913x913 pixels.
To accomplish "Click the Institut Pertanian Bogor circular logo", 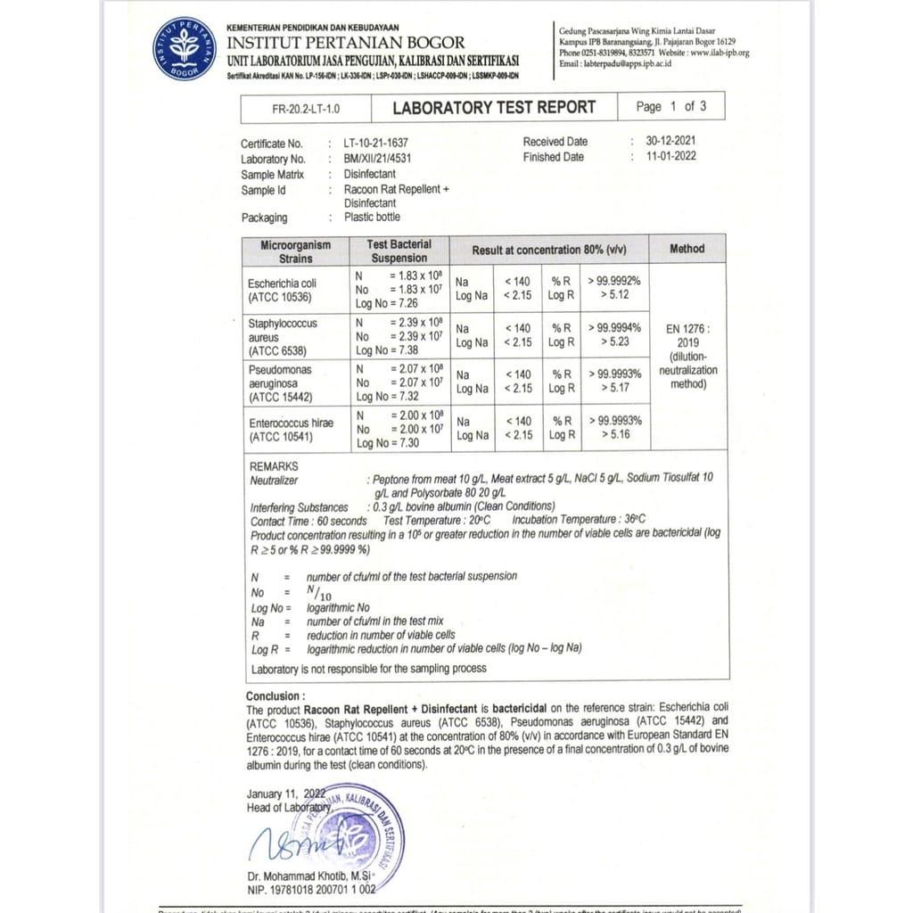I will [185, 49].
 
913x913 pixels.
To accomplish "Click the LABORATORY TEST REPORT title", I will [494, 108].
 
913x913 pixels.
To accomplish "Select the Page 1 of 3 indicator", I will [670, 106].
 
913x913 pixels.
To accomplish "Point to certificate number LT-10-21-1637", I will [382, 143].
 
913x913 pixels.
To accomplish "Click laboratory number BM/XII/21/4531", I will [378, 159].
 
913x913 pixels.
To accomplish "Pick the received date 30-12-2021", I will [671, 141].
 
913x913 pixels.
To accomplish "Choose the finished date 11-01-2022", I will [671, 156].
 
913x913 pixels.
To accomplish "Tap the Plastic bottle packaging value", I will [372, 217].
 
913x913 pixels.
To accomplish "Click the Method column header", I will [687, 249].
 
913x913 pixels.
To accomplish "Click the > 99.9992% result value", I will [614, 281].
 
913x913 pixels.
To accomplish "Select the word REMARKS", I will [274, 466].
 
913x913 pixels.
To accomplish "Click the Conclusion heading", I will [275, 696].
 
